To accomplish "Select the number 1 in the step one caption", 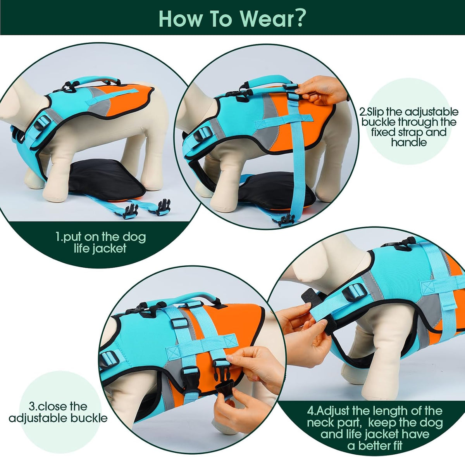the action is tap(58, 237).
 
